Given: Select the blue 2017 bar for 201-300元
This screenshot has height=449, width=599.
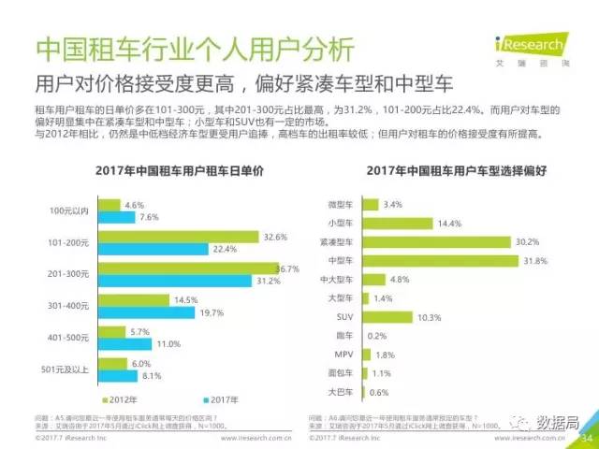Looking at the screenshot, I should click(188, 281).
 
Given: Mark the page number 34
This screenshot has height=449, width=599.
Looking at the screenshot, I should click(587, 437).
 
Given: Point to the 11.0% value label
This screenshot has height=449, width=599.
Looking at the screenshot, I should click(168, 343).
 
